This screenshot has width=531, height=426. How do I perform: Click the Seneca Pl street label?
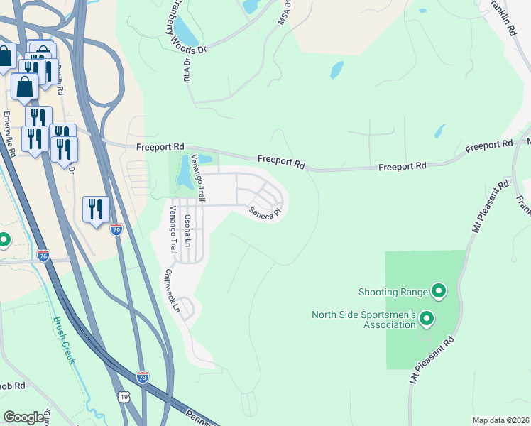[x=265, y=212]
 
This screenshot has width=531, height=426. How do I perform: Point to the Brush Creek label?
[x=63, y=340]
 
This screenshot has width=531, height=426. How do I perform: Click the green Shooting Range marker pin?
[x=439, y=290]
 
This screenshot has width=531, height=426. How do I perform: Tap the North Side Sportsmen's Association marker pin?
[x=427, y=319]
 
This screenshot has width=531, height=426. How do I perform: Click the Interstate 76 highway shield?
[x=43, y=256]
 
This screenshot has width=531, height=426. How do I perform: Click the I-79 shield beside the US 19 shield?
[x=143, y=377]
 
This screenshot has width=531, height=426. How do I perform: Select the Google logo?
[x=24, y=417]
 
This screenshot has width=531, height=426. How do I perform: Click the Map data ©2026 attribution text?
[x=500, y=420]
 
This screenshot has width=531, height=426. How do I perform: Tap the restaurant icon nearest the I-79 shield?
[x=96, y=209]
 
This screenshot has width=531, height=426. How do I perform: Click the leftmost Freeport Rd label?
[x=160, y=147]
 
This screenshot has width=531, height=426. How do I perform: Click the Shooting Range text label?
[x=393, y=291]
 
